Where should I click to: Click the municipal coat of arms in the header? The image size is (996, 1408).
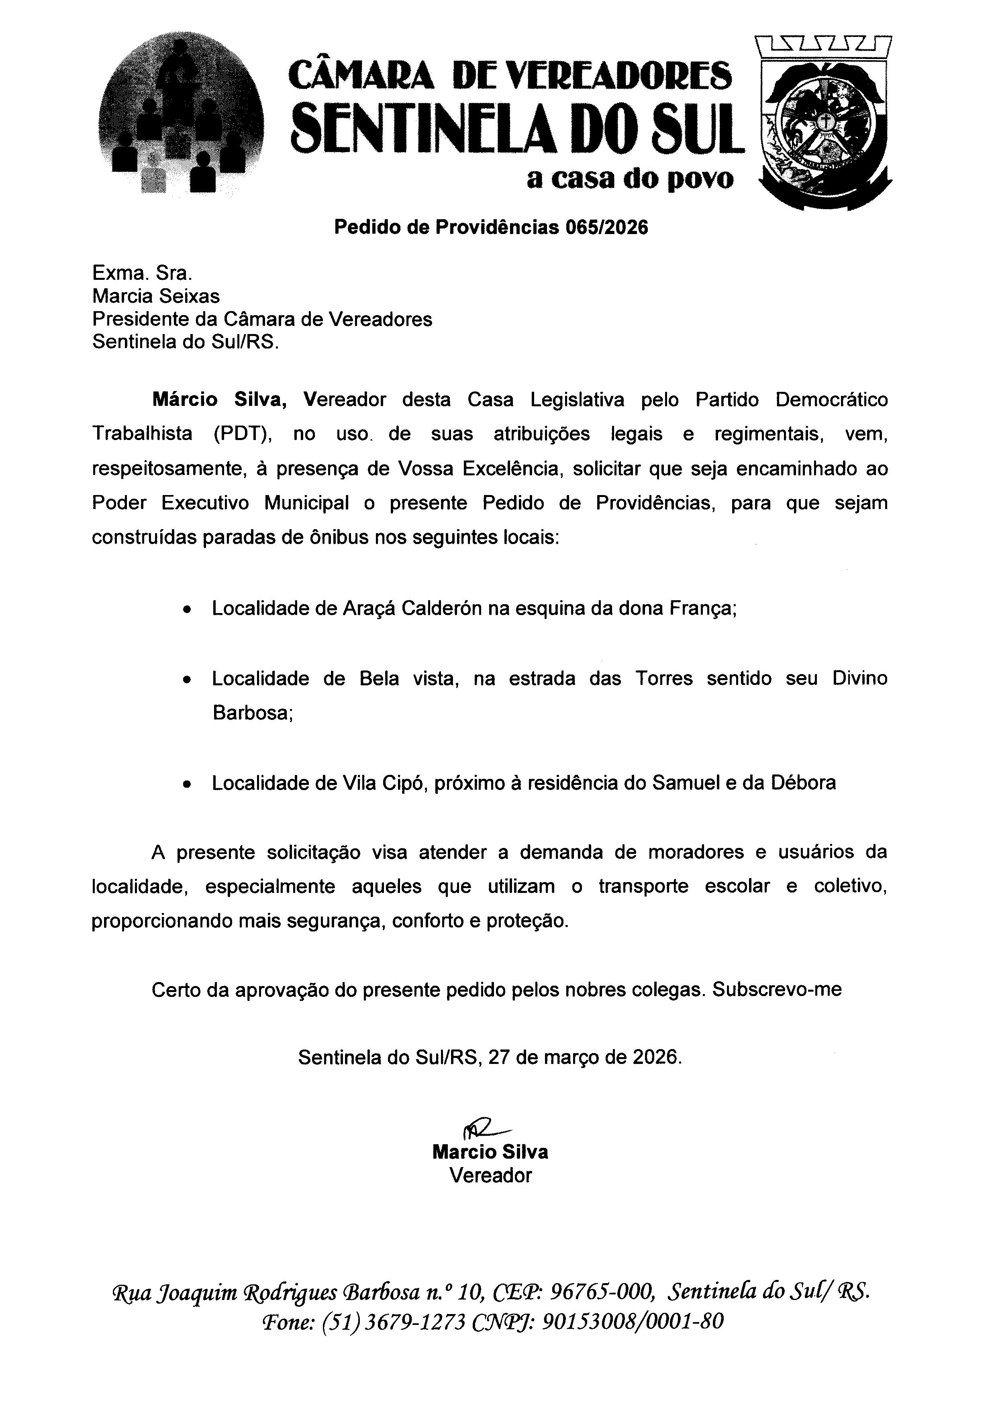pos(825,122)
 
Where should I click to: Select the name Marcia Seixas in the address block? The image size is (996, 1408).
pos(156,296)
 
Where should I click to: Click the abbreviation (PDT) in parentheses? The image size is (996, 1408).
pos(243,434)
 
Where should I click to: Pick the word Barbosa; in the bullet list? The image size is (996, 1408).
pos(252,713)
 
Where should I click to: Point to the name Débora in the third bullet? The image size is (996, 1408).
pos(805,783)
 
